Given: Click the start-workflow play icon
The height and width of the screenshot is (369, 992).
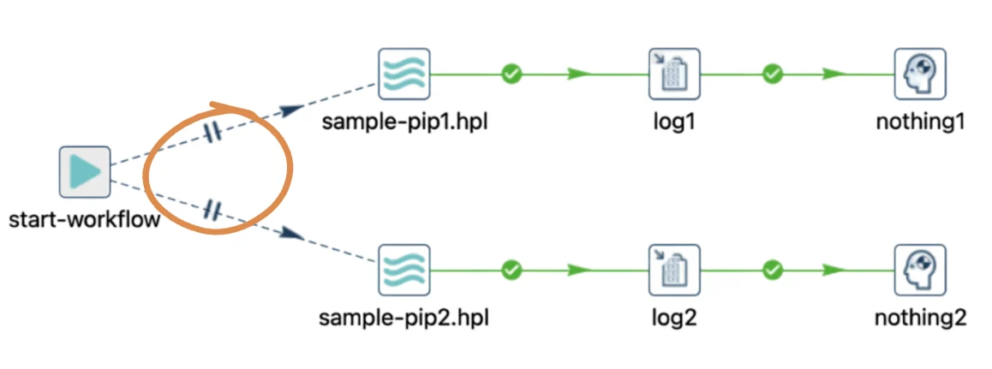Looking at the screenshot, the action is tap(85, 171).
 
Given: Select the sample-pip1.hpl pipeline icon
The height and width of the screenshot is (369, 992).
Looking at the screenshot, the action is tap(404, 74).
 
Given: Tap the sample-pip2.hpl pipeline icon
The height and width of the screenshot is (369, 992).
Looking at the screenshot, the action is tap(404, 270).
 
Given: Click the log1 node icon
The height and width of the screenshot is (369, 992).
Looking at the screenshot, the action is tap(674, 74).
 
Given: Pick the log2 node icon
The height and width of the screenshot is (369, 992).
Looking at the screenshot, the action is tap(674, 270).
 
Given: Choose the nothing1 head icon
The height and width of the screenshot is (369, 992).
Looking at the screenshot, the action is tap(920, 74).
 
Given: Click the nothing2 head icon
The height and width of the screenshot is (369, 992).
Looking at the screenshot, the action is tap(920, 270).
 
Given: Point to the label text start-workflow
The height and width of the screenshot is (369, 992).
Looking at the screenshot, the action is tap(84, 220).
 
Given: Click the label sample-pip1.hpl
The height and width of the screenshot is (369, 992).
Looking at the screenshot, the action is tap(405, 122).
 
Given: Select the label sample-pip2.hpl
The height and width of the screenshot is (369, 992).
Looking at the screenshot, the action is tap(404, 317).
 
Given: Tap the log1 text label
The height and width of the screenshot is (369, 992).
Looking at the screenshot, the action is tap(674, 122).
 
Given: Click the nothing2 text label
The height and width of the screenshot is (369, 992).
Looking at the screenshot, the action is tap(921, 317).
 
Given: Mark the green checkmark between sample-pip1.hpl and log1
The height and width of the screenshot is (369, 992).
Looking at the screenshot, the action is tap(511, 74).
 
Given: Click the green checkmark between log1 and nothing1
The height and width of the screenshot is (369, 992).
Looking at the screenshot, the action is tap(773, 74).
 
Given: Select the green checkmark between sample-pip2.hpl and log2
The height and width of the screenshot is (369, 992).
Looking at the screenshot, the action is tap(511, 271).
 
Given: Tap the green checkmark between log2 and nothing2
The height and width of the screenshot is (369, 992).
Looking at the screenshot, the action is tap(773, 271).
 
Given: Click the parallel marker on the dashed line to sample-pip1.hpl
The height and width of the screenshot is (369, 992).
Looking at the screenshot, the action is tap(212, 132).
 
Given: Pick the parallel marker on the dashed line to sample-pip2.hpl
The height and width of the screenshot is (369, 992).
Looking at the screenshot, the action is tap(212, 210).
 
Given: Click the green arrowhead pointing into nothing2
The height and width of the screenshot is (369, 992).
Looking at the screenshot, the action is tap(834, 271).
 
